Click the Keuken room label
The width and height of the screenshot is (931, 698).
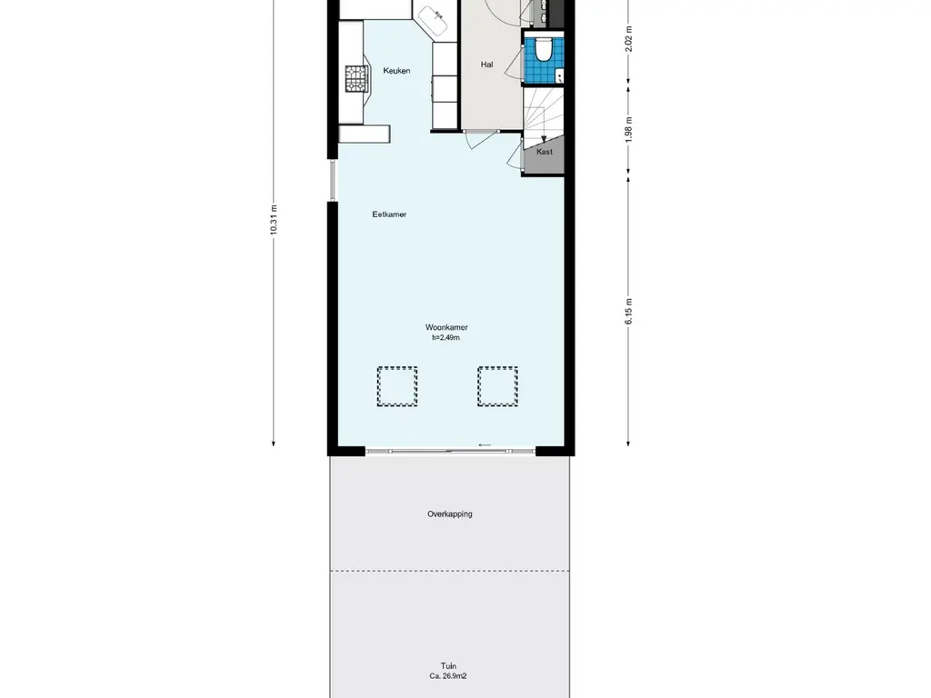[x=396, y=71]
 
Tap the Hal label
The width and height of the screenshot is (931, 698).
[x=487, y=65]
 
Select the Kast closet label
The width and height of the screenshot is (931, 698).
[x=545, y=152]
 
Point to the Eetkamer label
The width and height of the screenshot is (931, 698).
[x=389, y=214]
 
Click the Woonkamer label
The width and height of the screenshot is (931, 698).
[x=446, y=327]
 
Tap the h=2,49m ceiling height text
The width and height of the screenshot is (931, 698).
[x=445, y=338]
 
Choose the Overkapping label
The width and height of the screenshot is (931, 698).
[x=450, y=514]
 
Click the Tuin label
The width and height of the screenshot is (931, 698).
[x=449, y=666]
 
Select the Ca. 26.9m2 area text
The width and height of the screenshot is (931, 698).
[x=448, y=676]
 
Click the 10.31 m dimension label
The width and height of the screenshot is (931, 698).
[x=274, y=220]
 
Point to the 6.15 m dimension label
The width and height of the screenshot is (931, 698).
[x=628, y=311]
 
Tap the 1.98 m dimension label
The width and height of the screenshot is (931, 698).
[x=628, y=129]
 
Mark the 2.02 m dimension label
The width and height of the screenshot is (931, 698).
[x=628, y=39]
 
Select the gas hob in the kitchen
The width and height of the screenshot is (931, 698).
[x=356, y=79]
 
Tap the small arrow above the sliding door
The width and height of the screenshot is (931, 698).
[x=486, y=445]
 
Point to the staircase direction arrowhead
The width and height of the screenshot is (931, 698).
[x=544, y=140]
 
